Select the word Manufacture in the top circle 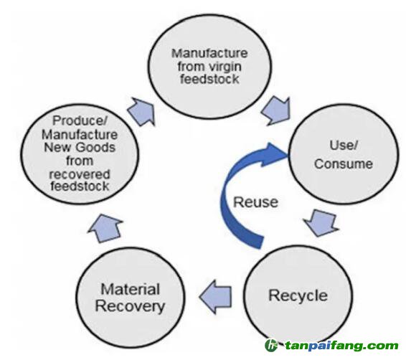(209, 54)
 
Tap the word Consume (344, 164)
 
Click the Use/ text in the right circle (344, 145)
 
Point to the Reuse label (256, 202)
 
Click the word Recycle (298, 295)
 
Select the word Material (130, 289)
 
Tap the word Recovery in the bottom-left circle (130, 307)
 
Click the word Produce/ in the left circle (80, 120)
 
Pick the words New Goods (80, 148)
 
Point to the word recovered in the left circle (80, 174)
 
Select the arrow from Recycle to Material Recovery (215, 297)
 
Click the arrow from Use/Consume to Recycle (321, 222)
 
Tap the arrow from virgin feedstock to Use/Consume (277, 110)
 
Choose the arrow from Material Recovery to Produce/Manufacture (106, 228)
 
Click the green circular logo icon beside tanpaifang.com (271, 346)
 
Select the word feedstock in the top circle (209, 79)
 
